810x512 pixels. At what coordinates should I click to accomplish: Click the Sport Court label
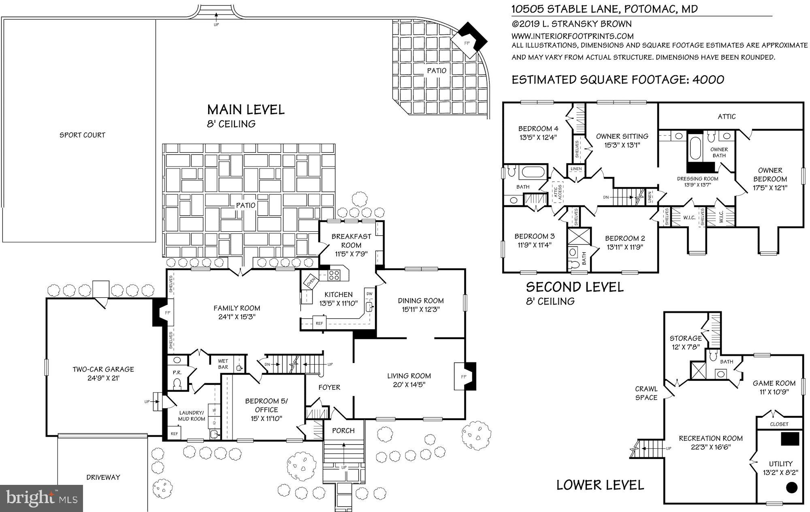(82, 135)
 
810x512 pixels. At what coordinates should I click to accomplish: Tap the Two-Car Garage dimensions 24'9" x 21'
(103, 378)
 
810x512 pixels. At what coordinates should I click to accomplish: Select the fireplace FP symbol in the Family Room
(168, 313)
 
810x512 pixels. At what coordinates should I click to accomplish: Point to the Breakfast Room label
(351, 241)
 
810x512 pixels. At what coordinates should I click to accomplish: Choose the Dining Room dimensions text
(421, 309)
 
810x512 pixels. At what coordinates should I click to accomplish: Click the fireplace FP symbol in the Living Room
(464, 377)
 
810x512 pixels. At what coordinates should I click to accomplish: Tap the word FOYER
(329, 387)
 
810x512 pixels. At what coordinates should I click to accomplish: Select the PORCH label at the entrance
(343, 431)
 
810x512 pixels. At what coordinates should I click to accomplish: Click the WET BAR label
(223, 364)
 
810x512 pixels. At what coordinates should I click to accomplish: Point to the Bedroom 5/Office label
(266, 405)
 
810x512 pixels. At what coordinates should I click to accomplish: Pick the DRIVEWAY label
(103, 477)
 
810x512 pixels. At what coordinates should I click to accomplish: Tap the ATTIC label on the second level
(726, 117)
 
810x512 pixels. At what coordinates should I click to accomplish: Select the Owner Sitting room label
(622, 136)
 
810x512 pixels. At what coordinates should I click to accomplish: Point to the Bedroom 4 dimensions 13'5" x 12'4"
(538, 137)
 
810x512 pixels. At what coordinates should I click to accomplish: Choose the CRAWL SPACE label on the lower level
(646, 393)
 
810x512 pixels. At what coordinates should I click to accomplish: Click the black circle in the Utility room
(791, 488)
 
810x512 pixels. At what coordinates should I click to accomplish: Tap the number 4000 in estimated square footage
(708, 79)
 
